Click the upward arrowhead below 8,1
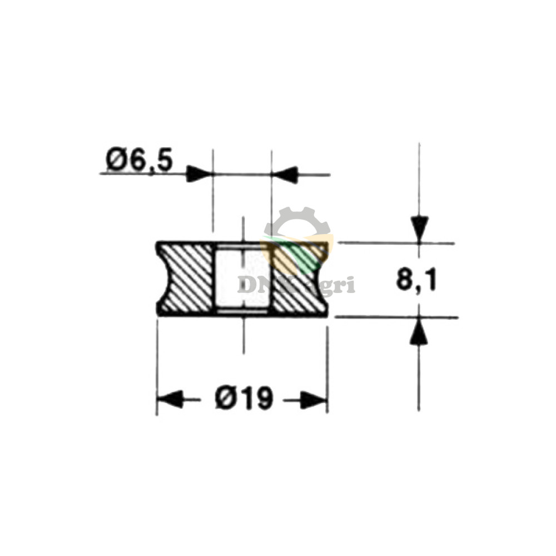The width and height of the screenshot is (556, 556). tap(419, 332)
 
